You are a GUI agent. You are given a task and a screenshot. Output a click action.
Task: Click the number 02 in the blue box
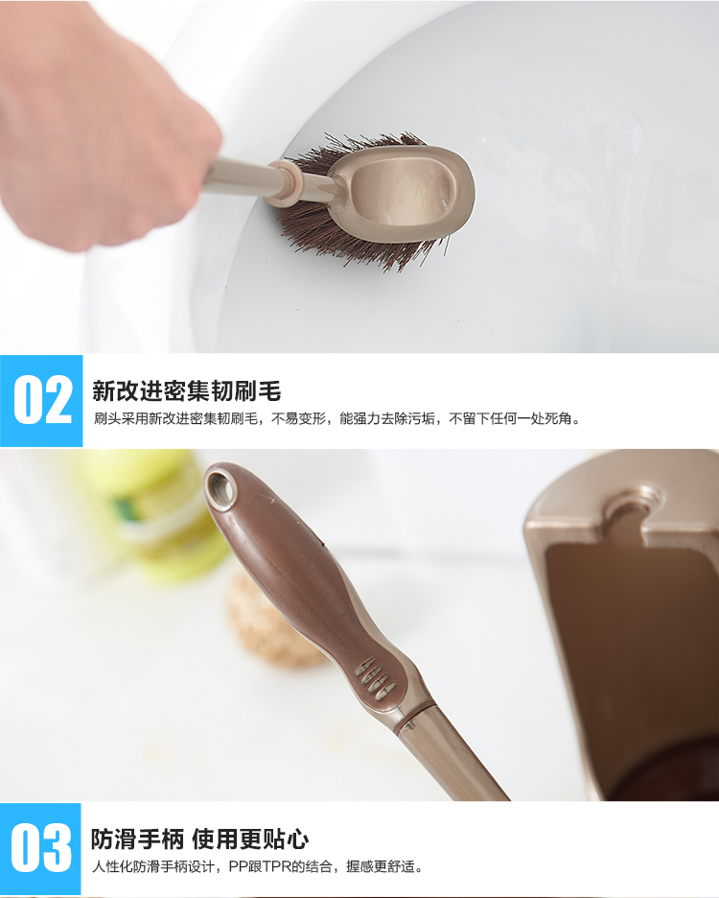pyautogui.click(x=42, y=400)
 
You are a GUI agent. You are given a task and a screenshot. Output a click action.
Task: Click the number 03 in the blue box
pyautogui.click(x=41, y=847)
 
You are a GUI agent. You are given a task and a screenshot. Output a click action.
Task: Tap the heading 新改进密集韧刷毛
pyautogui.click(x=187, y=391)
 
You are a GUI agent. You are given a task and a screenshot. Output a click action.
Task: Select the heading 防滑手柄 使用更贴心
pyautogui.click(x=199, y=839)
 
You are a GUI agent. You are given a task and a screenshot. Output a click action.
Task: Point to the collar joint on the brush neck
pyautogui.click(x=285, y=182)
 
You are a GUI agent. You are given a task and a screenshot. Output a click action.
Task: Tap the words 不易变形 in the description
pyautogui.click(x=298, y=418)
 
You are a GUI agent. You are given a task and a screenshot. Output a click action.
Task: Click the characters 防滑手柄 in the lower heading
pyautogui.click(x=137, y=839)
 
